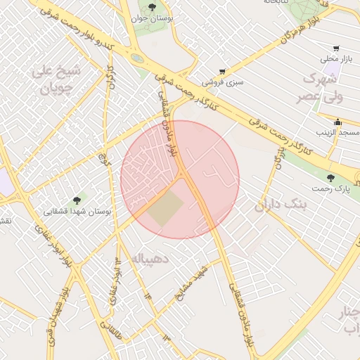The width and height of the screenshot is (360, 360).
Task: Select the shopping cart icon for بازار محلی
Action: point(337,49)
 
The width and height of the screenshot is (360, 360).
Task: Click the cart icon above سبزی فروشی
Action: point(223,72)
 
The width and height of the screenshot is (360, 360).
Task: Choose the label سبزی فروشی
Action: point(224,82)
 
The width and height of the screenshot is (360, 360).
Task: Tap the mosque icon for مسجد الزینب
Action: point(338,121)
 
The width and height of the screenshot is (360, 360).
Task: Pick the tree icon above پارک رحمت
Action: point(331,178)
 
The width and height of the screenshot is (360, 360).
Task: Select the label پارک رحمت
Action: point(331,189)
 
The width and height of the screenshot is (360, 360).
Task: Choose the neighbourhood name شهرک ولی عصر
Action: point(323,87)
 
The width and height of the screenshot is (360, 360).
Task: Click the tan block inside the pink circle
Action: point(166,209)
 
